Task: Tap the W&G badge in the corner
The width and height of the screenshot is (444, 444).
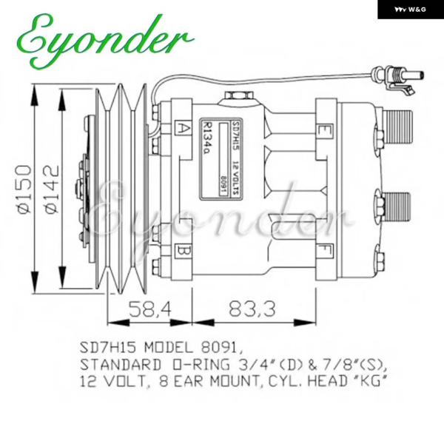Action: click(x=411, y=10)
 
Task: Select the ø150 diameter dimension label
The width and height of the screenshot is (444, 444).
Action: click(x=24, y=189)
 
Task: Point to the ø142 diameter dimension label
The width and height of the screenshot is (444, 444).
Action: click(x=52, y=189)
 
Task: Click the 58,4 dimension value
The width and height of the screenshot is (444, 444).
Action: click(x=151, y=309)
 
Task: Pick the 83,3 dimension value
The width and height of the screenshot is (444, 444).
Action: click(x=252, y=309)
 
